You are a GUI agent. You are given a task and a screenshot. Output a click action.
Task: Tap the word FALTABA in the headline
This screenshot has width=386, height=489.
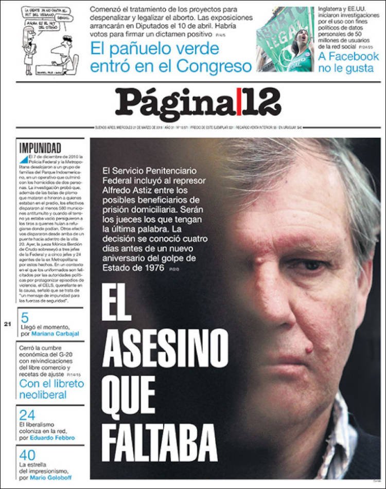tap(160, 442)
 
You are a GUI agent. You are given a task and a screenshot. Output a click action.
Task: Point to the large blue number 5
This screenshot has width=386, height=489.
tap(25, 318)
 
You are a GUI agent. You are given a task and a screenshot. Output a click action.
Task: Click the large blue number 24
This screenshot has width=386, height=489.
tap(27, 415)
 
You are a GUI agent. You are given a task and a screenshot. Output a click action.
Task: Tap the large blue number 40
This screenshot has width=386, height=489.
tap(28, 455)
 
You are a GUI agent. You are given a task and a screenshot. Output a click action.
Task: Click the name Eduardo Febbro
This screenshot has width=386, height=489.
tap(52, 438)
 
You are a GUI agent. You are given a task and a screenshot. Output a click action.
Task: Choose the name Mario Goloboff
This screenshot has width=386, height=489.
tap(54, 478)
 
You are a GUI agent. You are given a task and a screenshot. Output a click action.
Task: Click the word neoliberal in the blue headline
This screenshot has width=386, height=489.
tap(43, 395)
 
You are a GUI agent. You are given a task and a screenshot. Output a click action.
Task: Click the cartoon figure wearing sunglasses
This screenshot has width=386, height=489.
tap(64, 51)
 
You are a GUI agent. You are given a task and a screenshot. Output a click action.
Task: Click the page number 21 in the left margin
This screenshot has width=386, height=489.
tap(7, 324)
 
